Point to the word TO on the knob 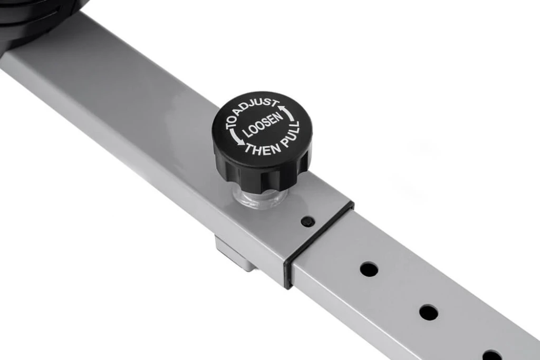232,123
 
